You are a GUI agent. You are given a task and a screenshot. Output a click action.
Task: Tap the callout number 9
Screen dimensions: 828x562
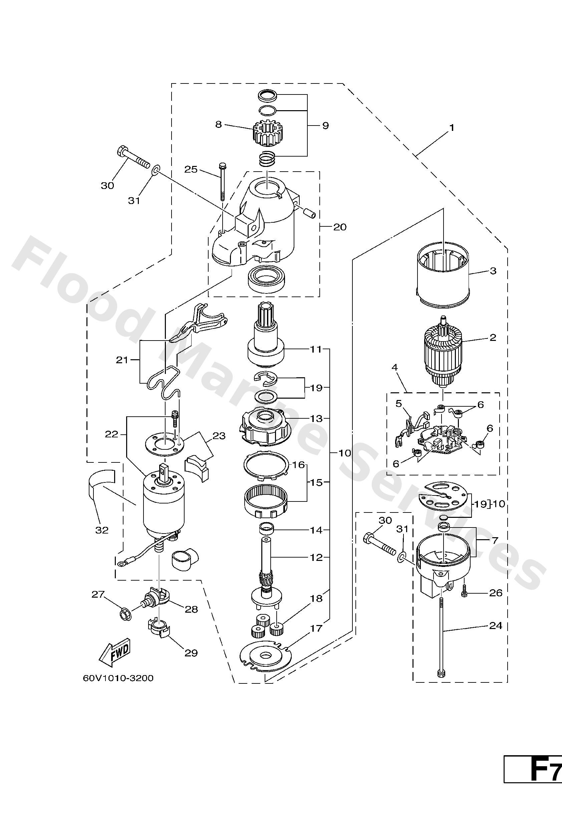coord(325,126)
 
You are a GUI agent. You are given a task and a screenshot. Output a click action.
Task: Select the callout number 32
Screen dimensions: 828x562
coord(102,530)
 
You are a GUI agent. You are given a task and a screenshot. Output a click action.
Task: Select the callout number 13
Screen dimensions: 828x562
coord(316,418)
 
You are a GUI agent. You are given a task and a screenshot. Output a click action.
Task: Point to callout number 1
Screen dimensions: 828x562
coord(452,128)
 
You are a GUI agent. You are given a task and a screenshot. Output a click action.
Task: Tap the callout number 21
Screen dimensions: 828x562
coord(122,360)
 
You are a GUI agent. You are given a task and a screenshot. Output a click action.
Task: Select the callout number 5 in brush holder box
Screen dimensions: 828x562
coord(398,404)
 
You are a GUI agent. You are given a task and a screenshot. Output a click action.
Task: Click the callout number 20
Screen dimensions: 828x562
coord(339,227)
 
